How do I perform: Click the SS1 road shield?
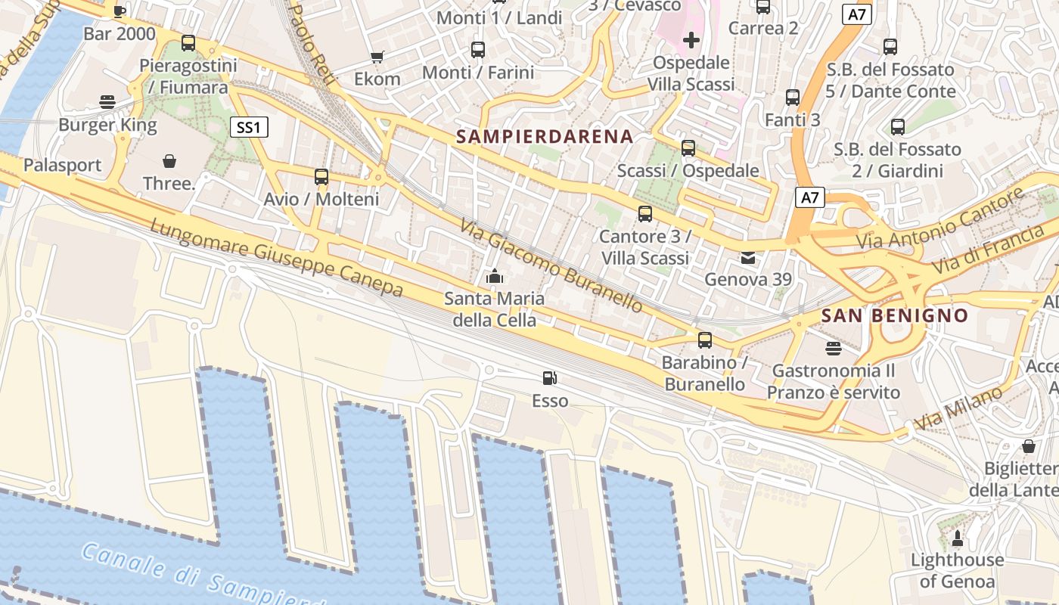249,127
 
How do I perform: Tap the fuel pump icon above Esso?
550,378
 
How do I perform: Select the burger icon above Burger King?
107,102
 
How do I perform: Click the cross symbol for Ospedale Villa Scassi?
691,40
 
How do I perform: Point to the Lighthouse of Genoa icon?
957,538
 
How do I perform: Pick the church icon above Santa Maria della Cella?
495,277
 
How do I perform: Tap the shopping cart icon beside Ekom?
377,57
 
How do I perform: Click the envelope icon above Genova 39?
748,258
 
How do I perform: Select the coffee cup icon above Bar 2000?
119,11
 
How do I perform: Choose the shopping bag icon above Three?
169,161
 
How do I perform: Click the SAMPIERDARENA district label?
545,137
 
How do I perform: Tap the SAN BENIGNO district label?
895,315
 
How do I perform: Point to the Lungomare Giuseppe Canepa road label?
276,258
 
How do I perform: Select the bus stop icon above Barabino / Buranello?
705,340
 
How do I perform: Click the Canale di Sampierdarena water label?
197,575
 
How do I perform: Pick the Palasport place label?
62,166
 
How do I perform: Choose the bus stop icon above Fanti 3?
792,98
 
